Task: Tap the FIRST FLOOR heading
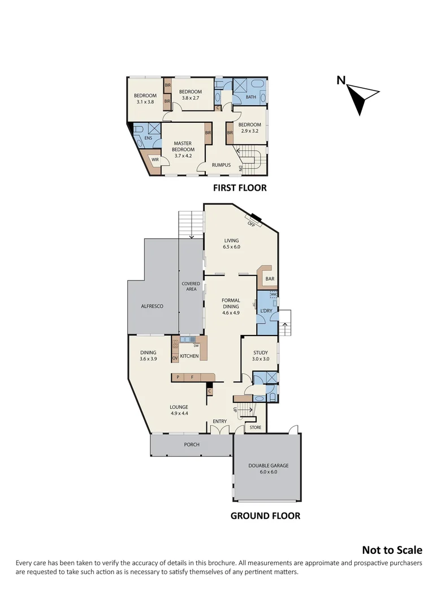pos(239,188)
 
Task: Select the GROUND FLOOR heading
pos(265,515)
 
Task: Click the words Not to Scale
pos(392,550)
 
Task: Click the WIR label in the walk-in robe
pos(155,161)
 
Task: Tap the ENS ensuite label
pos(148,138)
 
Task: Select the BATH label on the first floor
pos(251,97)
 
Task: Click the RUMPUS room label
pos(221,165)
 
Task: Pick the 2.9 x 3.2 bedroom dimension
pos(249,131)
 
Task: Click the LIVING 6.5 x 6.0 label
pos(232,244)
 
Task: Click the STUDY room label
pos(261,352)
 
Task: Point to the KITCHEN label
pos(189,356)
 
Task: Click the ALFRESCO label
pos(152,306)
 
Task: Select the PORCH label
pos(192,445)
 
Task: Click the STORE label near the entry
pos(256,427)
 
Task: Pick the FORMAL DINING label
pos(231,304)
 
